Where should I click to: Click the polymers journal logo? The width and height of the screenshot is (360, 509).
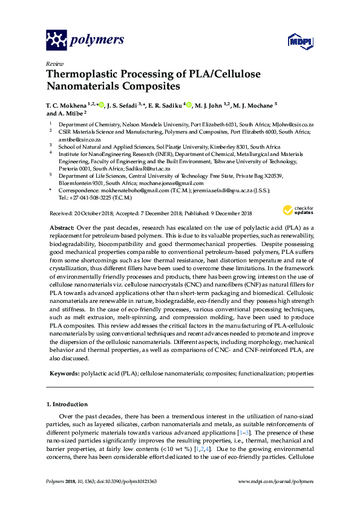pos(85,41)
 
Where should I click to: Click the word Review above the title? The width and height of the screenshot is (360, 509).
pos(54,63)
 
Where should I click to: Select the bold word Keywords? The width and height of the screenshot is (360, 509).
pos(65,374)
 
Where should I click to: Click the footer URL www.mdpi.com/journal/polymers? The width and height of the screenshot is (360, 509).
pos(276,481)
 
